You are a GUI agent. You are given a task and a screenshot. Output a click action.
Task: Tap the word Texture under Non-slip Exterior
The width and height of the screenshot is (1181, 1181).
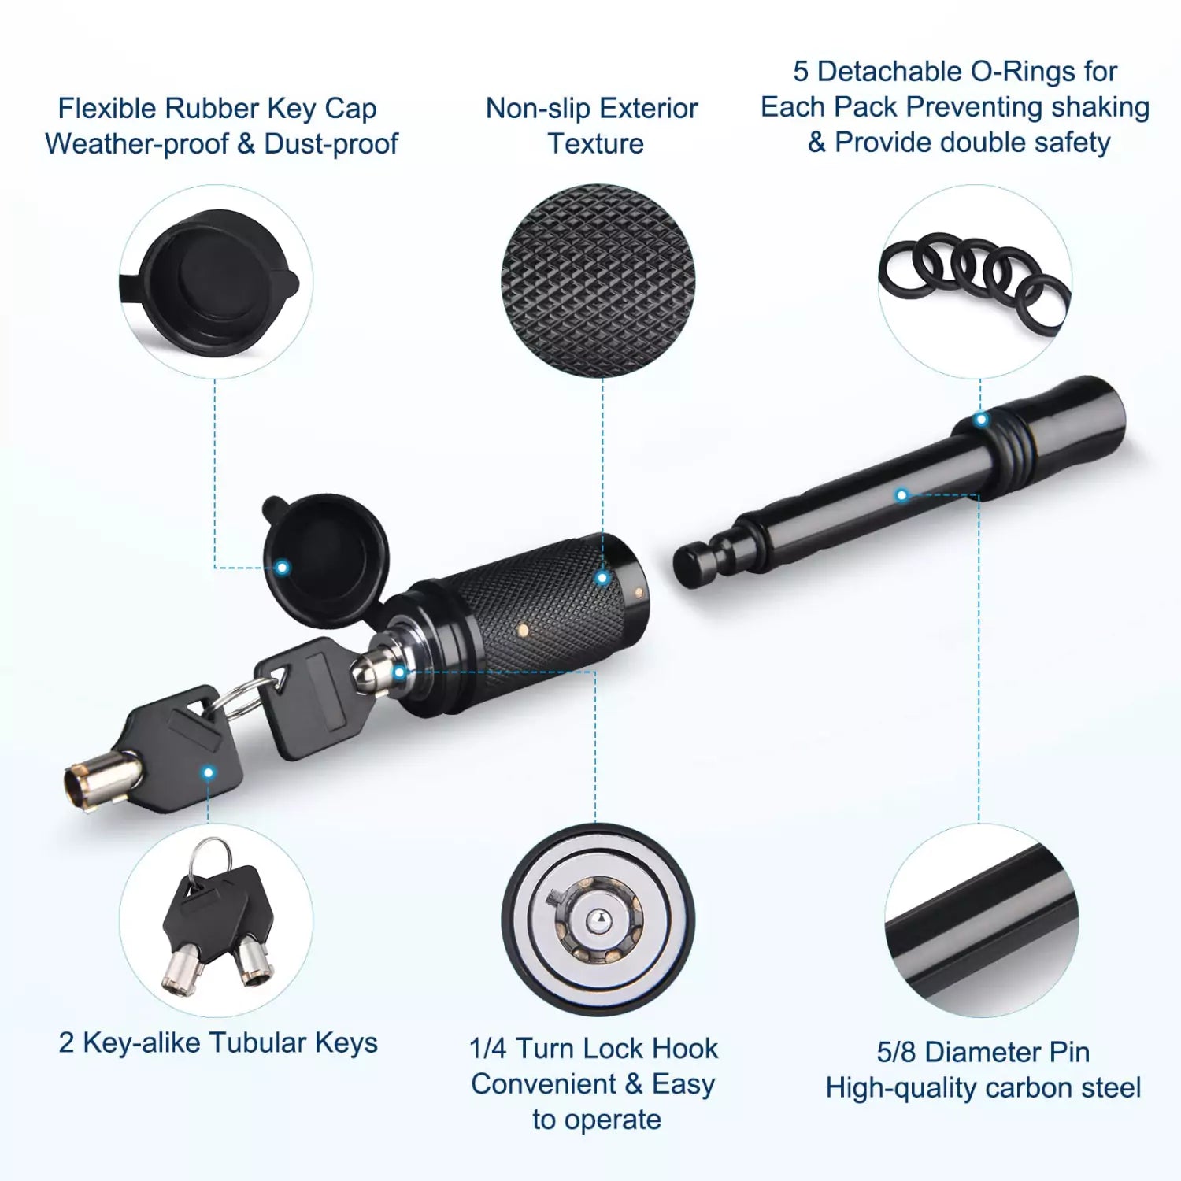tap(595, 144)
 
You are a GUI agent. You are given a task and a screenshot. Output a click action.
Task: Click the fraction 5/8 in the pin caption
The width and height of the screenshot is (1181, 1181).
tap(896, 1052)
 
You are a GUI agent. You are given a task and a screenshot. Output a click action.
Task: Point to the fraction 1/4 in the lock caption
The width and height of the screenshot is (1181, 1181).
tap(488, 1049)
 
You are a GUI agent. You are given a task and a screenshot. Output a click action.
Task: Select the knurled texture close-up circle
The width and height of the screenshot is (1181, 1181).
tap(598, 280)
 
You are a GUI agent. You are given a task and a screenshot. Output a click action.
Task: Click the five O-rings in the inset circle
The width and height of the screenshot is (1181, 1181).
tap(975, 280)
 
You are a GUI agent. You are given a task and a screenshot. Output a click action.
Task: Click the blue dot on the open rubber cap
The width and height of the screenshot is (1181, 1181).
tap(282, 568)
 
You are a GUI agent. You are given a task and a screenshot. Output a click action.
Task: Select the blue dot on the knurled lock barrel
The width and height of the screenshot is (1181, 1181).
tap(602, 578)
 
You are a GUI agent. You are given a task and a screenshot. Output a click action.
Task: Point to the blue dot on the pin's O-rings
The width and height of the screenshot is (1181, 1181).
tap(980, 420)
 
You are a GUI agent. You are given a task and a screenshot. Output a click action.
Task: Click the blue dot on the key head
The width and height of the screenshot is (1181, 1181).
tap(209, 772)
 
